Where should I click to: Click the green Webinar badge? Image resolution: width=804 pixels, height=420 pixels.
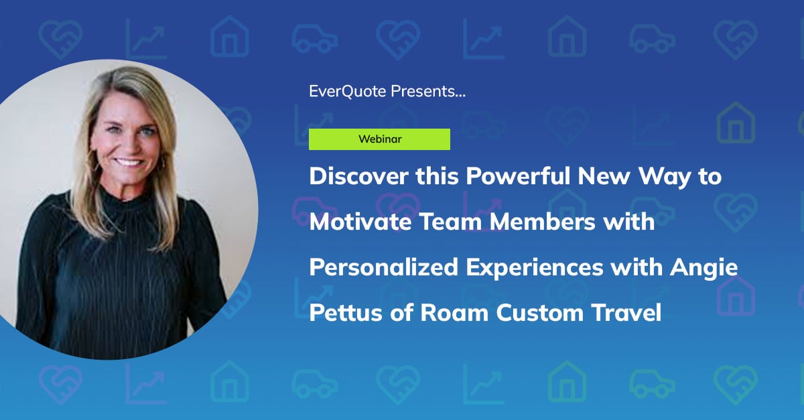379,139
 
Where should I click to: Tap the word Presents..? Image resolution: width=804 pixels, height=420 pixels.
428,92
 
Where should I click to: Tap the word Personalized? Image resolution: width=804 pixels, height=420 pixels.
379,267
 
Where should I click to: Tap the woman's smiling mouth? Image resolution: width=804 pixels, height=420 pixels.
129,162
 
